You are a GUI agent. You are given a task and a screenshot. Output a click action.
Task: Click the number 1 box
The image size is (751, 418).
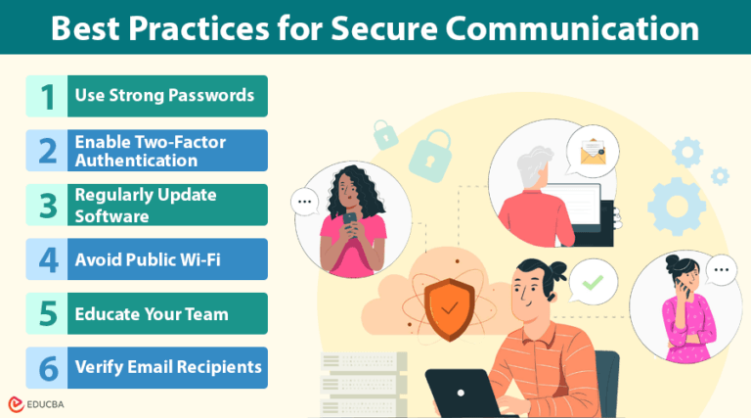click(x=46, y=96)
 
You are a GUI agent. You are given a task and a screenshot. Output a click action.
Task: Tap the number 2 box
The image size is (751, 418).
click(x=46, y=151)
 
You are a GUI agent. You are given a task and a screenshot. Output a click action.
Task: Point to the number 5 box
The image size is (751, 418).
click(x=46, y=314)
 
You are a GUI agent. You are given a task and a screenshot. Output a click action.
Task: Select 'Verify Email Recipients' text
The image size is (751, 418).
click(x=168, y=367)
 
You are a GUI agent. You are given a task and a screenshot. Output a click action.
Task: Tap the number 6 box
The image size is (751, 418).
click(x=46, y=367)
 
